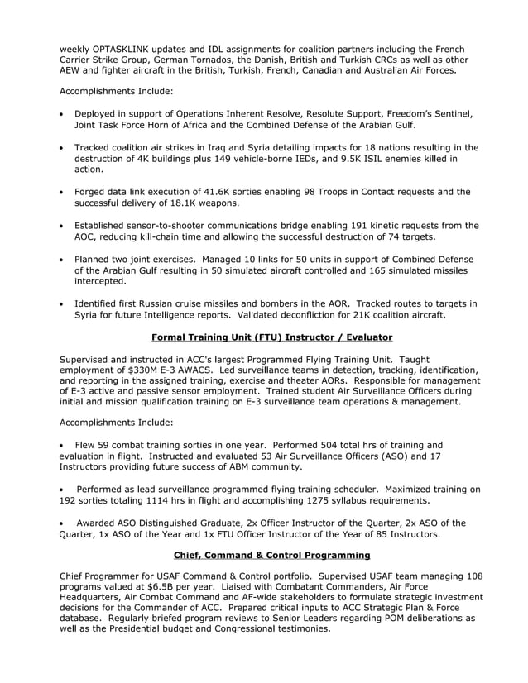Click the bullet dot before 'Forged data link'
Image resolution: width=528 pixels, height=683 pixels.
[63, 192]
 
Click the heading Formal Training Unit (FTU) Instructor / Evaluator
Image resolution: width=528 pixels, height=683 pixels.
[261, 337]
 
